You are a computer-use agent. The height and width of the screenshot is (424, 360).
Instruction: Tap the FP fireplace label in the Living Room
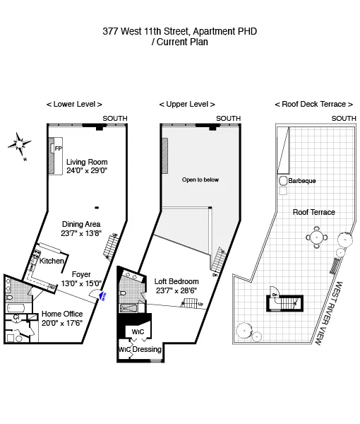pyautogui.click(x=59, y=149)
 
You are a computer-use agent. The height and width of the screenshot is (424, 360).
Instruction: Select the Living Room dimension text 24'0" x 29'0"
pyautogui.click(x=86, y=171)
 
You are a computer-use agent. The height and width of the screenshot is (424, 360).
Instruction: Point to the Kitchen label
pyautogui.click(x=52, y=261)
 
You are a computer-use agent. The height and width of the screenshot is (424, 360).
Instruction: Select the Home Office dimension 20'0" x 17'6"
pyautogui.click(x=62, y=323)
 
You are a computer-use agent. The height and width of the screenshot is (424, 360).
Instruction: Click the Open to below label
pyautogui.click(x=200, y=179)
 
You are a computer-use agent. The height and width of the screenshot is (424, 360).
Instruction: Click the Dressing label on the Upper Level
pyautogui.click(x=148, y=349)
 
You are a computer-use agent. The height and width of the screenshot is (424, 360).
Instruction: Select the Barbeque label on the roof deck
pyautogui.click(x=302, y=181)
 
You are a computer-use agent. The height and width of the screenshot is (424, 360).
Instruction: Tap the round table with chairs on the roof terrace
pyautogui.click(x=315, y=238)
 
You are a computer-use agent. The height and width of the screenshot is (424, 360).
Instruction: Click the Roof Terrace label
pyautogui.click(x=313, y=212)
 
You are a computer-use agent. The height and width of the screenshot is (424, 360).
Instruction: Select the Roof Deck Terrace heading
pyautogui.click(x=313, y=104)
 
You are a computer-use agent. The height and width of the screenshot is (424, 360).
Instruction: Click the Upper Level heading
pyautogui.click(x=187, y=104)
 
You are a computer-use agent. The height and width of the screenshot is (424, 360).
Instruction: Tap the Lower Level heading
pyautogui.click(x=74, y=104)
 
